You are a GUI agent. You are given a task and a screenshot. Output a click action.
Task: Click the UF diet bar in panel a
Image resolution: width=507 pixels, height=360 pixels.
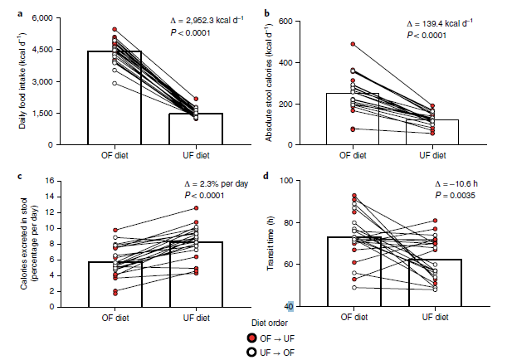[197, 129]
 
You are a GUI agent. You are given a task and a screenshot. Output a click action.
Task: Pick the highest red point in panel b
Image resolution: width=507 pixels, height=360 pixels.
[353, 44]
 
